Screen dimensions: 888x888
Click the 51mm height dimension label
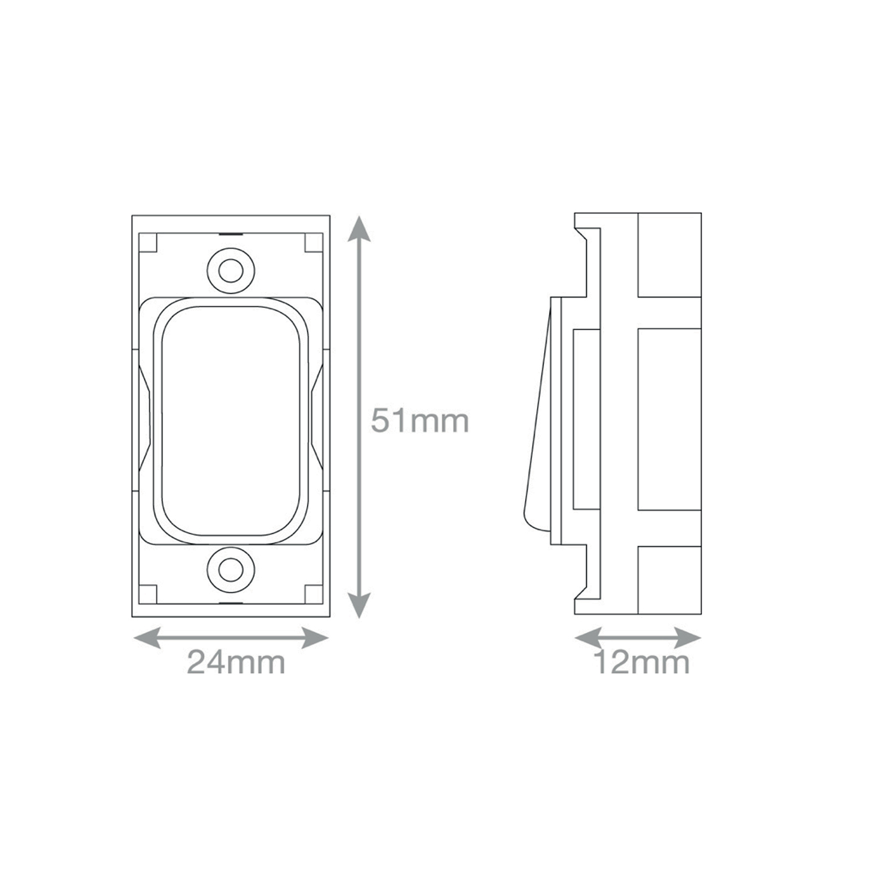pos(420,421)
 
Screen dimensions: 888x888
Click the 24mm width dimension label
pos(236,662)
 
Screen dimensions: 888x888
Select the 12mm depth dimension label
pos(642,662)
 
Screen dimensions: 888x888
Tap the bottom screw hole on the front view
pos(231,569)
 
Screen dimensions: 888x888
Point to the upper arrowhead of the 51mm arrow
pos(359,229)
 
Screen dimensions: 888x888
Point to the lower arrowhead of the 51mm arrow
pos(359,605)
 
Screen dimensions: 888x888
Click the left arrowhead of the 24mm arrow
pos(147,638)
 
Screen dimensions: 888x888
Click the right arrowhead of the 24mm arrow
pos(315,638)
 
